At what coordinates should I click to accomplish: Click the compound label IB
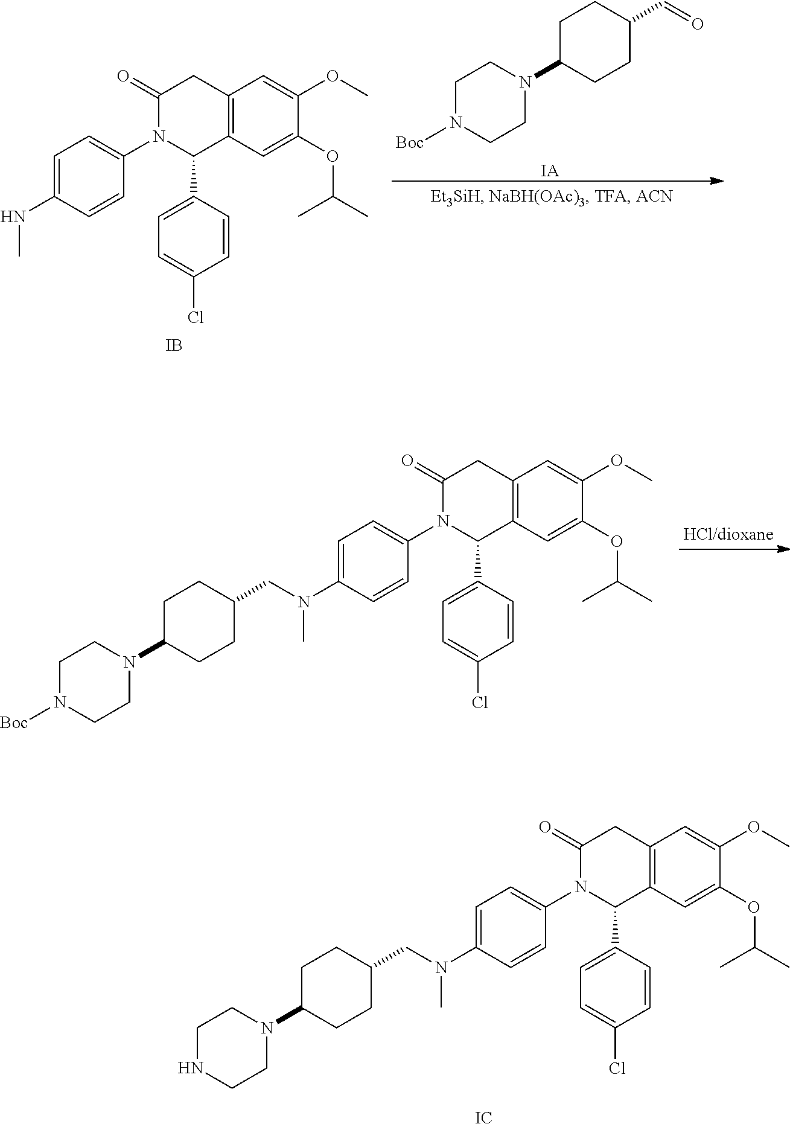[x=174, y=346]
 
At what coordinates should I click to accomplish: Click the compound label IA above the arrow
[x=549, y=172]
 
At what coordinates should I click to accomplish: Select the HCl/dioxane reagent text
[x=728, y=535]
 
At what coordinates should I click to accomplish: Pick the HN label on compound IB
[x=13, y=216]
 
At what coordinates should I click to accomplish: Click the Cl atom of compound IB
[x=195, y=317]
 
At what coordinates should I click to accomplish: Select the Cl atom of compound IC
[x=617, y=1068]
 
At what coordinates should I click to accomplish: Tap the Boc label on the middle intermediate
[x=14, y=722]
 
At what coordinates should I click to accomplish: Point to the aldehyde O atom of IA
[x=697, y=24]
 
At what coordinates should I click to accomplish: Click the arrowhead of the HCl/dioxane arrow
[x=784, y=549]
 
